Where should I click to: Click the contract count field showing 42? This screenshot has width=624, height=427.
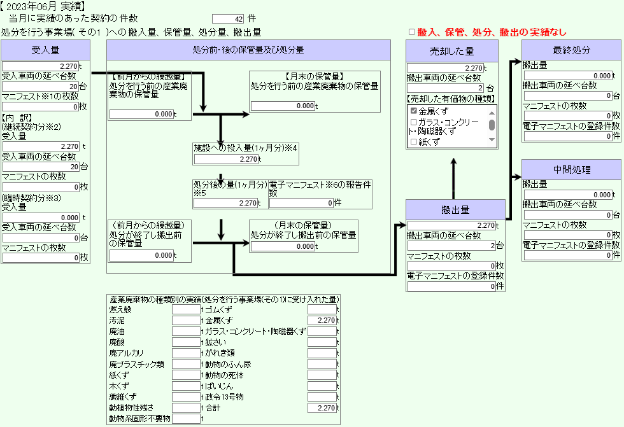(x=228, y=19)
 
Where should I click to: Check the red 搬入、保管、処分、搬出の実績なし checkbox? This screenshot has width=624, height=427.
(x=412, y=32)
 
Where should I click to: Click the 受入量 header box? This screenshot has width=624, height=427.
(x=45, y=50)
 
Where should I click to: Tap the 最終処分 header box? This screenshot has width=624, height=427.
(x=572, y=50)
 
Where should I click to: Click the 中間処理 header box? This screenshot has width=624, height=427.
(x=572, y=170)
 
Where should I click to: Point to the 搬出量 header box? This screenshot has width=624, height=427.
(x=455, y=209)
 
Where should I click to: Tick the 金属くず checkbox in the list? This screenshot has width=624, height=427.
(x=414, y=111)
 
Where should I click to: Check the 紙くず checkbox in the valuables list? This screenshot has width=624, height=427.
(x=414, y=142)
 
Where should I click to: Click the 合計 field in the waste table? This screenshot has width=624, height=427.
(x=322, y=407)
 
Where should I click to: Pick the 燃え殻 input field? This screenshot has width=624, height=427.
(x=186, y=310)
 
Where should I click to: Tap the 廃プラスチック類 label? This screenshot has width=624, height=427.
(x=137, y=364)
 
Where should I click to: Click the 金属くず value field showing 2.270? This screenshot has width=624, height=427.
(x=322, y=321)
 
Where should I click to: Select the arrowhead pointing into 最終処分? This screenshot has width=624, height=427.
(x=516, y=62)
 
